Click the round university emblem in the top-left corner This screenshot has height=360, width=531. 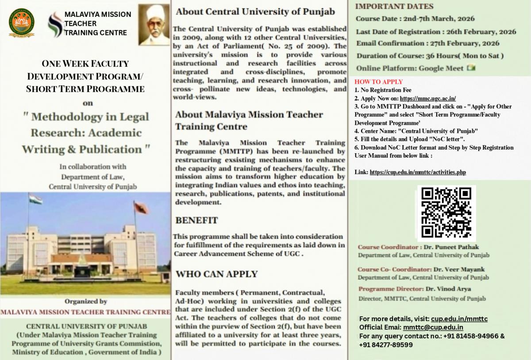(21, 22)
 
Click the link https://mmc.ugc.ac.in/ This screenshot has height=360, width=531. (427, 99)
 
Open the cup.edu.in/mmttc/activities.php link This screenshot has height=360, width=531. (418, 172)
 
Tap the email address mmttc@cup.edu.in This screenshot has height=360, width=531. (433, 327)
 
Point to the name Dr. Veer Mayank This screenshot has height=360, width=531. (459, 269)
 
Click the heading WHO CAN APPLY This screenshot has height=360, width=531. (216, 274)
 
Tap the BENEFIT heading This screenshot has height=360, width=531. (196, 220)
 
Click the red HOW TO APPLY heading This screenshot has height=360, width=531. (379, 82)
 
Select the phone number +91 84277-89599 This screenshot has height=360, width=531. (386, 345)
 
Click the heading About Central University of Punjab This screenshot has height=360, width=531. (255, 12)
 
